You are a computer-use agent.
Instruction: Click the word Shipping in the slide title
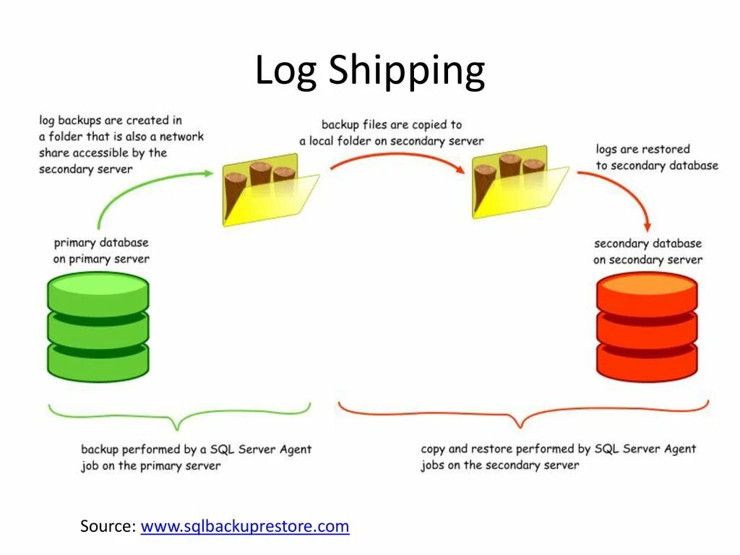pos(407,72)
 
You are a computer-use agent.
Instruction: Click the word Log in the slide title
pos(285,72)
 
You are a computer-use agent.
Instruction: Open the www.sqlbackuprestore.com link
pos(245,526)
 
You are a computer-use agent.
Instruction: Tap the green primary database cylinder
pos(98,327)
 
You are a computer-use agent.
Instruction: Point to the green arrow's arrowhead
pos(208,173)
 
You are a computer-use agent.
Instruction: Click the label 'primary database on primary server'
pos(101,251)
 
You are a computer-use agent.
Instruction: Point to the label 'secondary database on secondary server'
pos(647,251)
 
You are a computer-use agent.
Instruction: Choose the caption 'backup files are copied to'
pos(392,125)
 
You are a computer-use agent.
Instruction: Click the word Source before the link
pos(108,526)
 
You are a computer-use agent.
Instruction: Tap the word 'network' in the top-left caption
pos(181,136)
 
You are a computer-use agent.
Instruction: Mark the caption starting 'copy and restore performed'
pos(558,457)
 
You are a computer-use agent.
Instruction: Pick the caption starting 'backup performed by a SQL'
pos(196,457)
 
